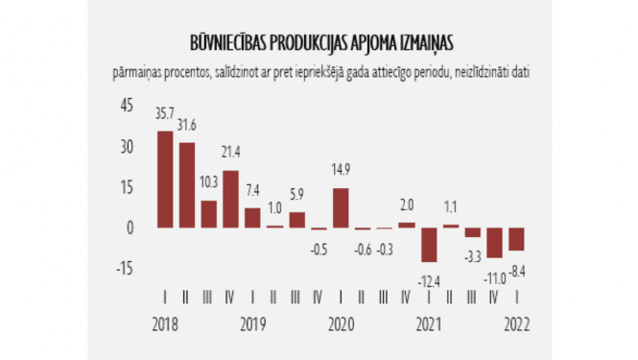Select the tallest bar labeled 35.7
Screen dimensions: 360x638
tap(165, 180)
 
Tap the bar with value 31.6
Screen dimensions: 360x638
tap(187, 185)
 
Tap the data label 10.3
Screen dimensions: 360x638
tap(208, 181)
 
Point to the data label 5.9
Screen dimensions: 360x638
tap(296, 194)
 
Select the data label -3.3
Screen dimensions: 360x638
tap(472, 256)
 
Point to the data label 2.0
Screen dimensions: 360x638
tap(407, 204)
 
